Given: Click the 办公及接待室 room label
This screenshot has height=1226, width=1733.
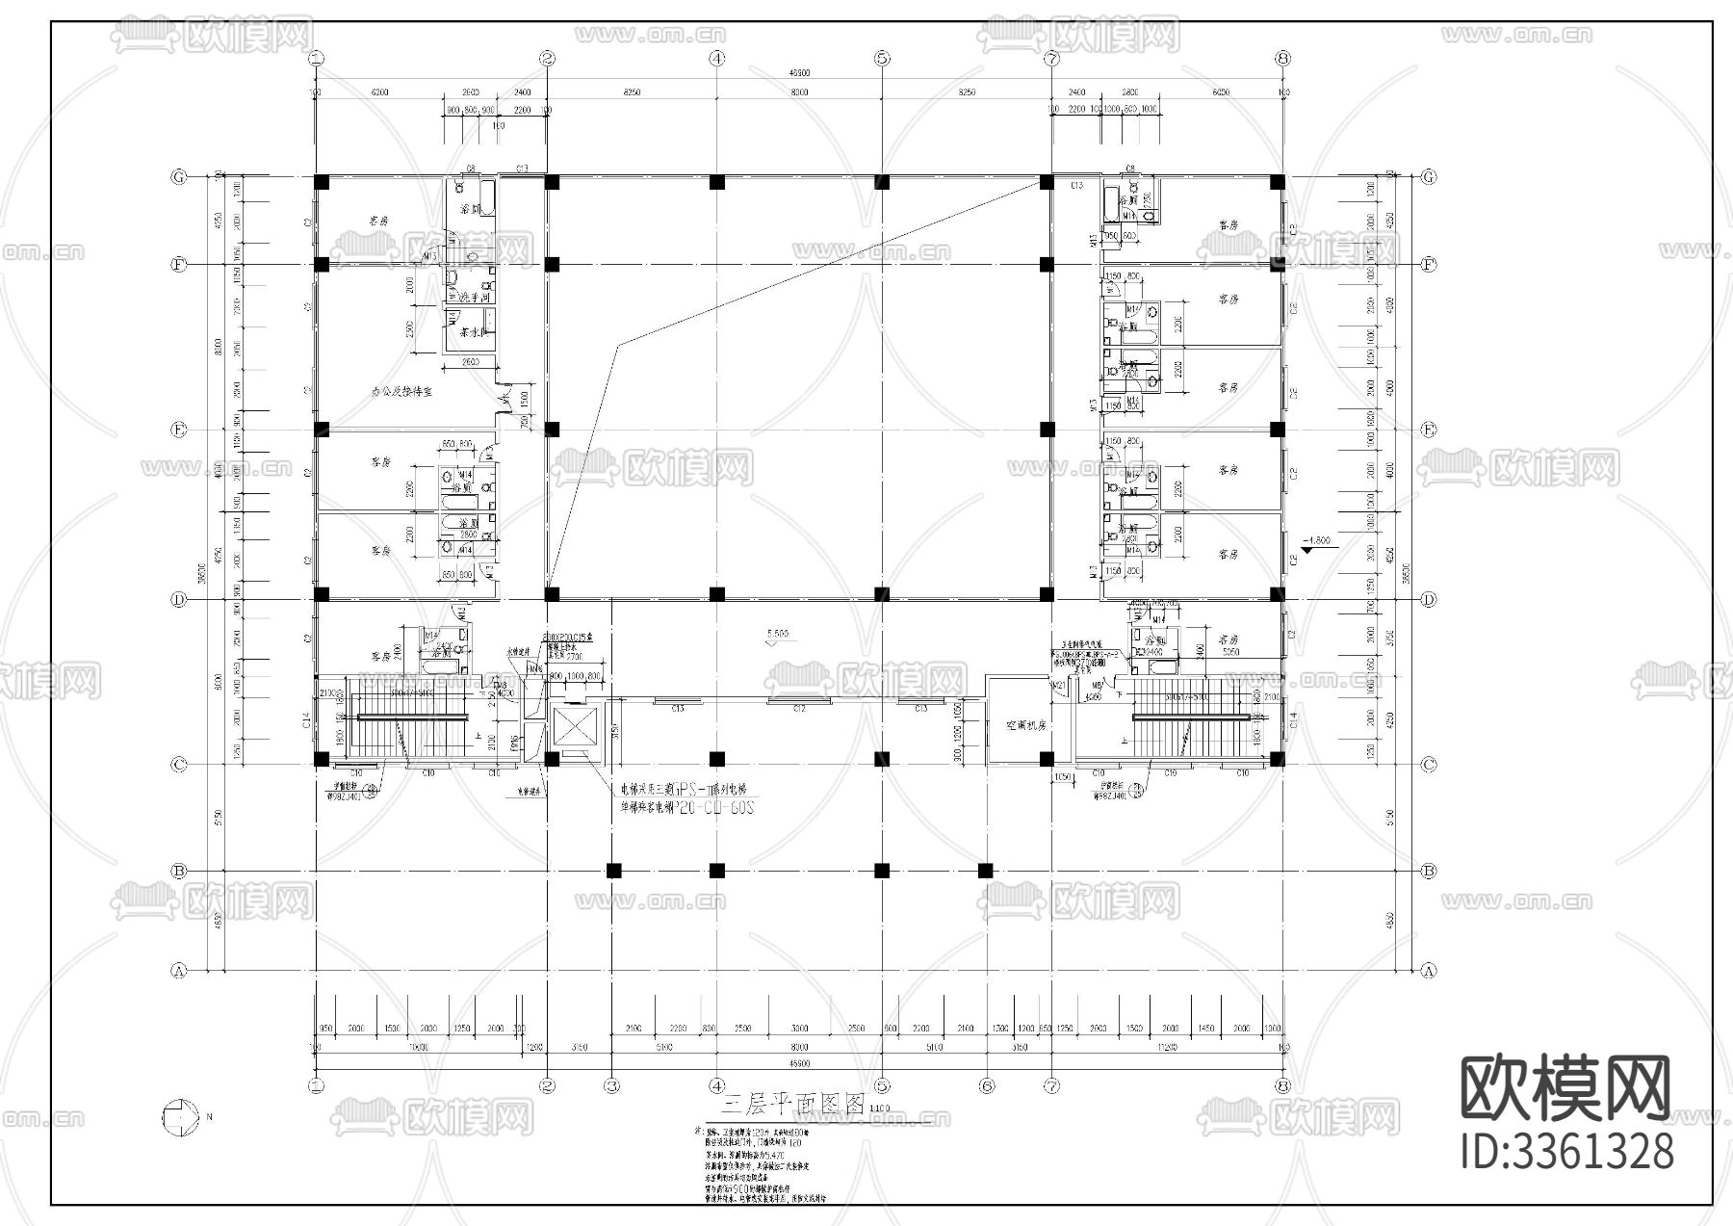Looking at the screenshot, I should [x=401, y=392].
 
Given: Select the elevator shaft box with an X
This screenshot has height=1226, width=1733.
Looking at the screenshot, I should [x=573, y=731].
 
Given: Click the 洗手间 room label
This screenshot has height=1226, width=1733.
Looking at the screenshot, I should [x=474, y=300].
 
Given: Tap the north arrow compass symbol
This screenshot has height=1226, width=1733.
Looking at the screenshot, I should [x=179, y=1117].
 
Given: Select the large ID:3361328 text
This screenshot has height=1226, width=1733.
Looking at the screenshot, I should [x=1566, y=1152].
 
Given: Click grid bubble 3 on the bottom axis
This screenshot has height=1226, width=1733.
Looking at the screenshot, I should [x=612, y=1085].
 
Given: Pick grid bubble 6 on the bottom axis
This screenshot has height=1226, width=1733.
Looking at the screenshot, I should [x=987, y=1085].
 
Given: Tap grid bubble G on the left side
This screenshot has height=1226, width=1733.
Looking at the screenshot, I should [x=178, y=177].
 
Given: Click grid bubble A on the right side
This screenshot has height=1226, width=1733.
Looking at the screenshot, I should [x=1429, y=971].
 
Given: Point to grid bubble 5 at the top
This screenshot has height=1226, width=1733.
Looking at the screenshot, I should [x=883, y=58].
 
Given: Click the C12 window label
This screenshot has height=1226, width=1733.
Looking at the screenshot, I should [x=799, y=709].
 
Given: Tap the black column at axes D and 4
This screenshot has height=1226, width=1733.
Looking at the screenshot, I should [x=716, y=593].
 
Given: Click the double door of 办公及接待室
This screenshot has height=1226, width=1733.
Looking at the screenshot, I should [x=503, y=397].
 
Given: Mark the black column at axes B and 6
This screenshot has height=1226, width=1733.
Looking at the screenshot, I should [x=986, y=871].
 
